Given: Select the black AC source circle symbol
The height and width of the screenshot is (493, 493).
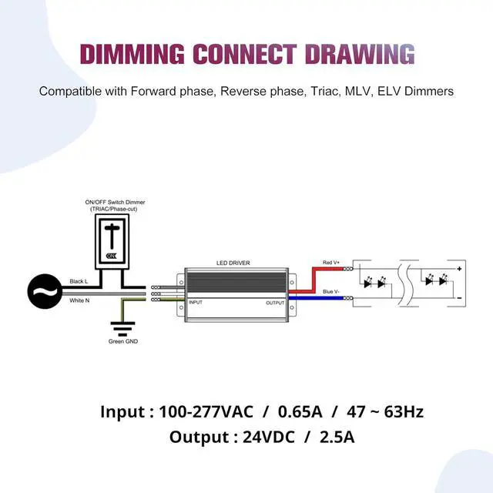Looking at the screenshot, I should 45,290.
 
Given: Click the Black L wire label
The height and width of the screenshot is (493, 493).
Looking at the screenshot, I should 79,281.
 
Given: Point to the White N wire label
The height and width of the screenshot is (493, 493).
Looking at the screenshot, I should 79,300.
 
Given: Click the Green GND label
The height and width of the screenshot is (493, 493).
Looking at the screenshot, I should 123,340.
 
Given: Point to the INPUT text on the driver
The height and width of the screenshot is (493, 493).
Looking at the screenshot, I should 196,303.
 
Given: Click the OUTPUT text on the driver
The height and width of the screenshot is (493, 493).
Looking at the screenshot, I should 274,303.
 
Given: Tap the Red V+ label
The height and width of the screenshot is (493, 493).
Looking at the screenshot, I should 331,263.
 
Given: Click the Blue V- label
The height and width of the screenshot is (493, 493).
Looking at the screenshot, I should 331,291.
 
